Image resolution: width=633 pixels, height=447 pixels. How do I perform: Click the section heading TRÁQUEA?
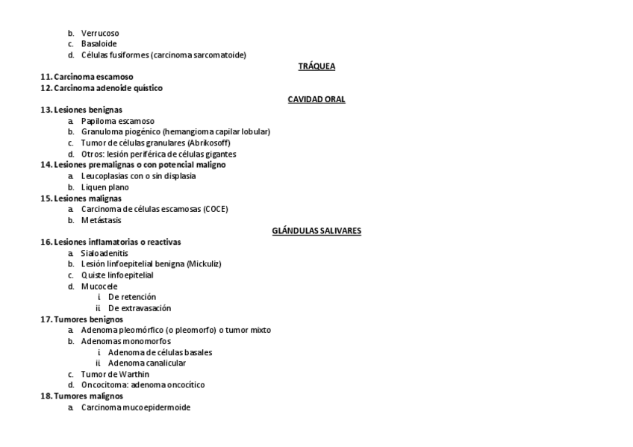[x=316, y=66]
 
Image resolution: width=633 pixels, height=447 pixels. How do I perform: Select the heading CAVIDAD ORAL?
[x=316, y=99]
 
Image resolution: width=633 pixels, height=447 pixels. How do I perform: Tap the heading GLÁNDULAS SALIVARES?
[x=316, y=231]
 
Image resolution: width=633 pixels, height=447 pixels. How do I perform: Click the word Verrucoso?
[x=100, y=34]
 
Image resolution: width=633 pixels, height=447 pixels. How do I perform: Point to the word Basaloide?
[x=99, y=44]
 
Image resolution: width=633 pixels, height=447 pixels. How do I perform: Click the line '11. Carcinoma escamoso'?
[x=87, y=77]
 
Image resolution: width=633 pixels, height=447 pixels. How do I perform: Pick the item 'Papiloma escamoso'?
[x=118, y=121]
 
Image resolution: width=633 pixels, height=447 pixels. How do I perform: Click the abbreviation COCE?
[x=214, y=210]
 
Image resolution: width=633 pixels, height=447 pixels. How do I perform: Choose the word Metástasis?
[x=101, y=220]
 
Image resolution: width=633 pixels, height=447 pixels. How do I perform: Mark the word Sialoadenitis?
[x=105, y=253]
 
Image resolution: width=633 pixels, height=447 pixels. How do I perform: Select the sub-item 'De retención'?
[x=132, y=297]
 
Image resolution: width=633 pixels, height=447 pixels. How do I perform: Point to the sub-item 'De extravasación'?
[x=140, y=308]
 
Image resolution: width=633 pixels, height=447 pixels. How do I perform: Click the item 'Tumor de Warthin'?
[x=115, y=374]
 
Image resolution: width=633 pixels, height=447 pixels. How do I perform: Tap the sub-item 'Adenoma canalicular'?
[x=147, y=363]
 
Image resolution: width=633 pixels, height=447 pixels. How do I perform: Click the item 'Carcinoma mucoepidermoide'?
[x=136, y=407]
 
